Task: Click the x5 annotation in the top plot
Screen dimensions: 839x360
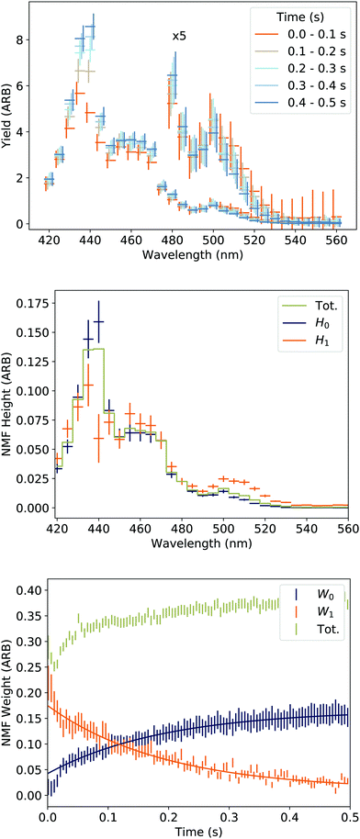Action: [178, 36]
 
